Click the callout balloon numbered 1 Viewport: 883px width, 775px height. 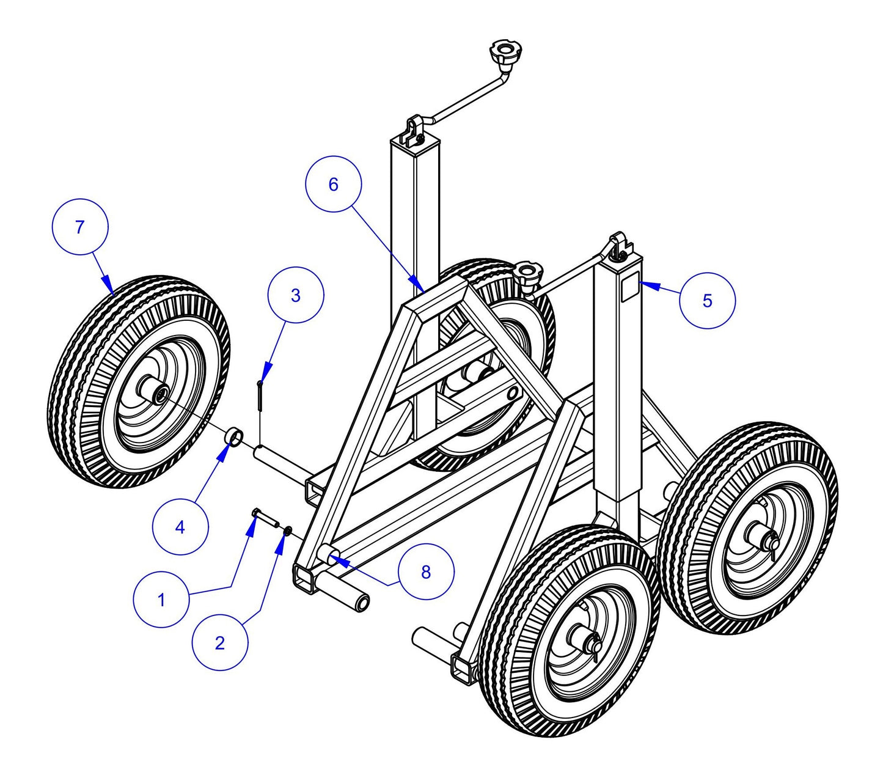click(161, 600)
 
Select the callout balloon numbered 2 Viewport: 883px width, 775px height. click(220, 642)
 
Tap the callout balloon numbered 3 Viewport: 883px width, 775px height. click(296, 295)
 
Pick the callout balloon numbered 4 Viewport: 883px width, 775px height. click(180, 527)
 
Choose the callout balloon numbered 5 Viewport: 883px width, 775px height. click(708, 300)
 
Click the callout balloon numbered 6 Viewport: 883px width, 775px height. click(333, 184)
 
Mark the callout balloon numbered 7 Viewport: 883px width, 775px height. click(79, 227)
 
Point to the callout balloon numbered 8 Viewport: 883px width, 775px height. click(426, 572)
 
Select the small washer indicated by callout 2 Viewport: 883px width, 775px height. click(287, 530)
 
